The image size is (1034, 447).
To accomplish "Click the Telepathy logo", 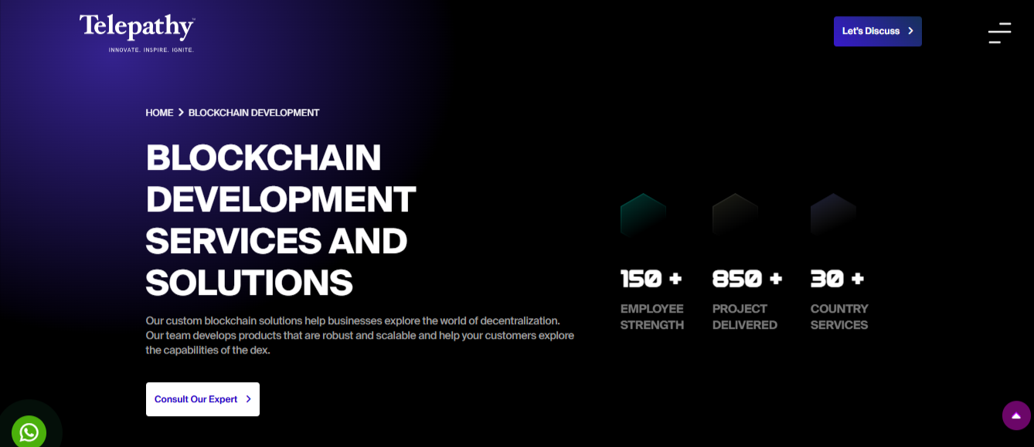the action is [137, 32].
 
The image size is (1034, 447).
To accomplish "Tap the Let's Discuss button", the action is [878, 32].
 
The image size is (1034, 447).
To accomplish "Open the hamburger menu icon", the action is [999, 32].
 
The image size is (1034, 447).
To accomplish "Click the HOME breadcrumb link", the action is [159, 113].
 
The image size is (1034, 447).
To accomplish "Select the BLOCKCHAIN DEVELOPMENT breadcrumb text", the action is [253, 113].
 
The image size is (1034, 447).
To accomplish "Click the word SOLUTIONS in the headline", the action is [250, 283].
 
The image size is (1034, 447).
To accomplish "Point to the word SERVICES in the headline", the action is [233, 241].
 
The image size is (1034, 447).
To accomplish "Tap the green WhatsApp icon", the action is [29, 432].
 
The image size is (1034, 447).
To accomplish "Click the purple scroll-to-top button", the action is [1016, 415].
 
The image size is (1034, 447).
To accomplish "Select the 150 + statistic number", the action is [651, 279].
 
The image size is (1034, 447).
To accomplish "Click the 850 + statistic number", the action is [747, 279].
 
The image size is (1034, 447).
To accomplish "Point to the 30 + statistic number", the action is [837, 279].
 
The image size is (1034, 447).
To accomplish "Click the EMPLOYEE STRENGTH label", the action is [651, 317].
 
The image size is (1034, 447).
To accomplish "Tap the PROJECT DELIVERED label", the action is [744, 317].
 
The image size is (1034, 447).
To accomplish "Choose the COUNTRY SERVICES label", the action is [839, 317].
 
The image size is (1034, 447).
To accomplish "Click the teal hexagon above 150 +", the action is [643, 215].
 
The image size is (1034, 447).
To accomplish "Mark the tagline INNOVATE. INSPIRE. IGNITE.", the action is [151, 50].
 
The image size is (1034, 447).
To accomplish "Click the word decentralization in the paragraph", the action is [520, 320].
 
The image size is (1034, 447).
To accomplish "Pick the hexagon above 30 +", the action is [833, 215].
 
